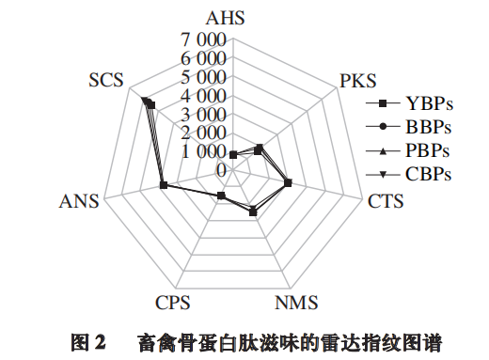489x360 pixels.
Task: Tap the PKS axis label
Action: tap(357, 79)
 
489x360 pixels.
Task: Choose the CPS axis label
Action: tap(173, 303)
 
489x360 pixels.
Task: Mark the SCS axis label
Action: tap(105, 79)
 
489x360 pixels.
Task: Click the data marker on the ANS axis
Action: tap(164, 186)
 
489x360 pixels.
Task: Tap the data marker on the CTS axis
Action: tap(288, 183)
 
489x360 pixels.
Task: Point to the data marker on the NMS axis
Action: tap(252, 211)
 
